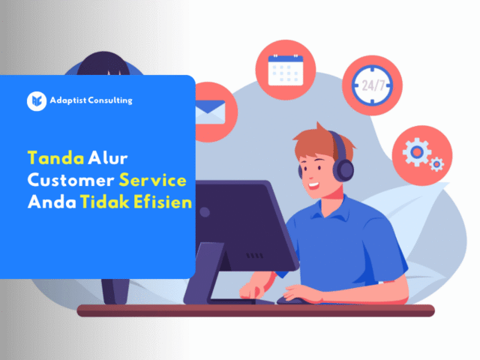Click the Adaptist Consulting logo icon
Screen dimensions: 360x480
click(36, 101)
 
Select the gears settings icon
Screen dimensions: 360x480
click(421, 153)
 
